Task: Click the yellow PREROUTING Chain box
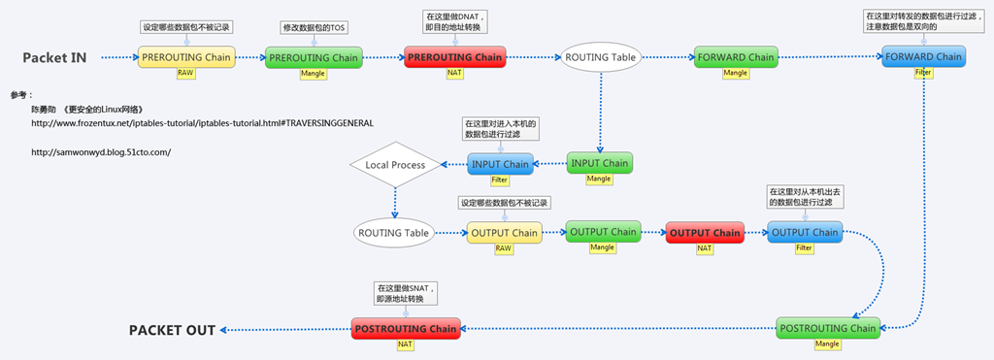click(186, 58)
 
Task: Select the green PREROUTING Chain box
click(313, 58)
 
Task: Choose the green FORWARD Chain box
click(736, 57)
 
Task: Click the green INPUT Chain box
click(599, 163)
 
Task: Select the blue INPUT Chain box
click(500, 164)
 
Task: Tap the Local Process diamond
click(395, 165)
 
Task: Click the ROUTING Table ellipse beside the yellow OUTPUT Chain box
click(394, 233)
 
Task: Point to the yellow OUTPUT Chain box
click(503, 233)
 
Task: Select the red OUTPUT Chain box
click(705, 233)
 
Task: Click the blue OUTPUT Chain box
click(804, 233)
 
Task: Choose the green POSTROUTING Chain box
click(827, 328)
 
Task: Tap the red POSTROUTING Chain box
click(405, 329)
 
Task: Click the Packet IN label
click(54, 58)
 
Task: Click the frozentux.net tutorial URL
click(202, 123)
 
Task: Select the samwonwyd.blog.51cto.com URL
click(101, 151)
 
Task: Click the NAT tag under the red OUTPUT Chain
click(705, 248)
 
